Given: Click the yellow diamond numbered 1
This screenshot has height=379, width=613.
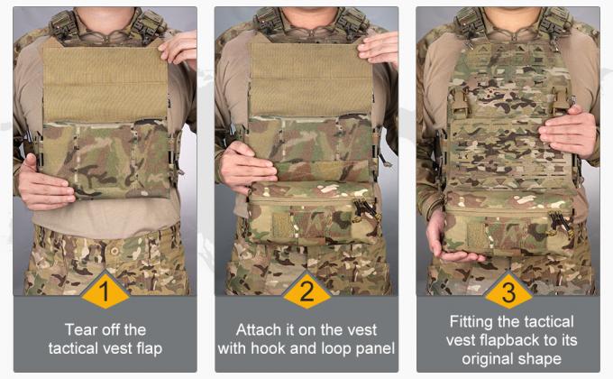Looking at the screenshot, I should (105, 291).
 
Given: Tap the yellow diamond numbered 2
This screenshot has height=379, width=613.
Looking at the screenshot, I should (306, 291).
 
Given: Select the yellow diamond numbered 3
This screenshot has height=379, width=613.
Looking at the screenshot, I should (508, 291).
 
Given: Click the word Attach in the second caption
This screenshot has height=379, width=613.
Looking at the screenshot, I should (257, 329).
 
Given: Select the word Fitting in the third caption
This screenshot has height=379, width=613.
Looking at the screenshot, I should (472, 320).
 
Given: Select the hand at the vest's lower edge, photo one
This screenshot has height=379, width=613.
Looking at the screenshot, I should (42, 180).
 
